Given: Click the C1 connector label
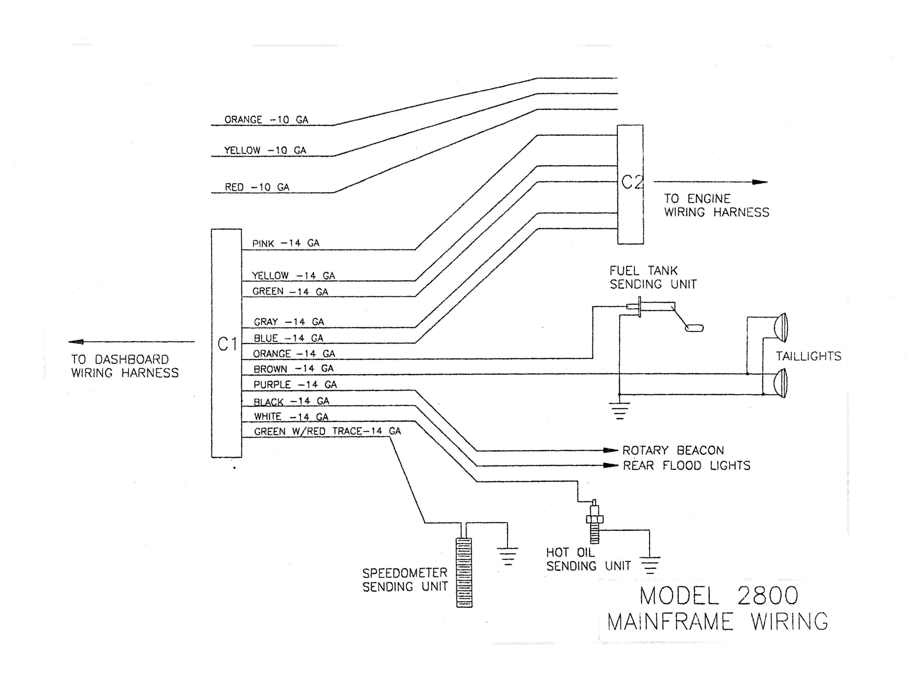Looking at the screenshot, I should coord(227,344).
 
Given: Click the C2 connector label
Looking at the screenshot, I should coord(631,182).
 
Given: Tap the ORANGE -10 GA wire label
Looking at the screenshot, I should coord(266,120).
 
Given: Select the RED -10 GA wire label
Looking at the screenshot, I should coord(257,187).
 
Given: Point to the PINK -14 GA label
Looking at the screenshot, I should coord(285,243).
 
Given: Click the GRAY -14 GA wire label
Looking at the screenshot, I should coord(288,322).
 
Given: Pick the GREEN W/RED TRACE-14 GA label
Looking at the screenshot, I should coord(327,431).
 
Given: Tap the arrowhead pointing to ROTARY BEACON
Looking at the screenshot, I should coord(611,450).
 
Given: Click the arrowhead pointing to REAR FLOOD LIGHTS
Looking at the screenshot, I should coord(611,466).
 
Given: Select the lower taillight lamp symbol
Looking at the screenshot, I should coord(780,382).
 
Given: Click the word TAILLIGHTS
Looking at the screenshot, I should coord(808,356).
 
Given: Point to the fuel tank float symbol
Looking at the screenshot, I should coord(694,328).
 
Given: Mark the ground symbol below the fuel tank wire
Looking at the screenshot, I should coord(619,410).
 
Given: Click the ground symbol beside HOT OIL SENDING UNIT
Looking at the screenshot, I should coord(650,565).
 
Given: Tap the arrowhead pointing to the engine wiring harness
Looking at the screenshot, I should coord(760,182).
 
